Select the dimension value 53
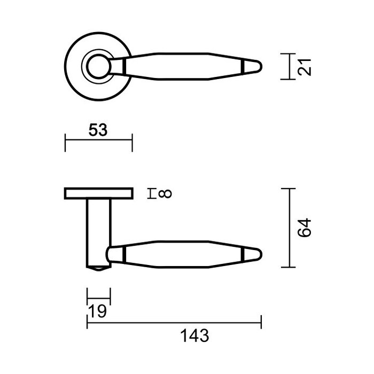[x=97, y=130]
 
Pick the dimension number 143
[x=193, y=336]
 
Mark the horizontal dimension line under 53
[x=98, y=141]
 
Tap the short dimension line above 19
[x=98, y=294]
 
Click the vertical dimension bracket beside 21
[x=289, y=66]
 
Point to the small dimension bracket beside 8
[x=153, y=193]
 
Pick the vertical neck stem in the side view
[x=98, y=230]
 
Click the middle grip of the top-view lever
[x=184, y=66]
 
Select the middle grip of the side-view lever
[x=184, y=253]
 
